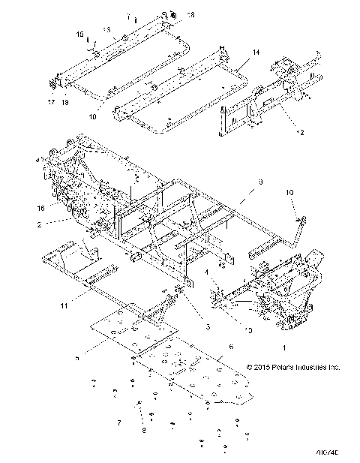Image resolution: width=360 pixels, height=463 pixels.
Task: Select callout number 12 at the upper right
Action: (x=280, y=132)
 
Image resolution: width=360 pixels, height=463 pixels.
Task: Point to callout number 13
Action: (x=106, y=29)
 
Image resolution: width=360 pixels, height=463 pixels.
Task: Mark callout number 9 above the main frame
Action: (x=241, y=182)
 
